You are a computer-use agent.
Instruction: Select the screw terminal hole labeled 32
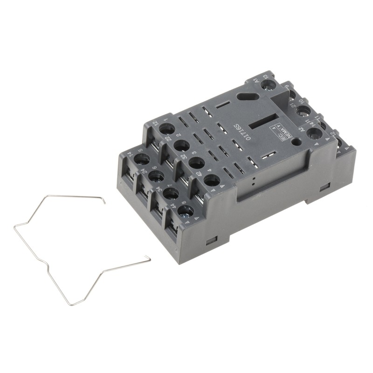196,163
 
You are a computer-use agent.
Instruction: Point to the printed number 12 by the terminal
155,123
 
